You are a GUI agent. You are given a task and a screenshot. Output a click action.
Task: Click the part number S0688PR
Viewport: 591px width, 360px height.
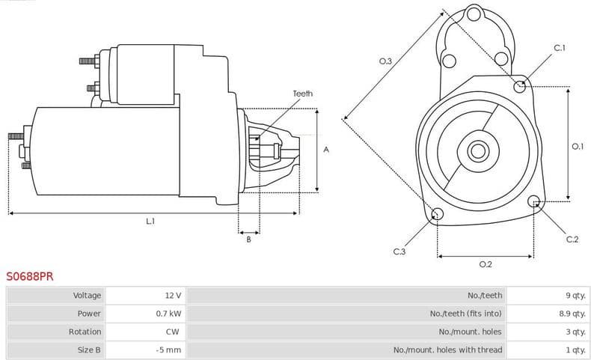tap(30, 276)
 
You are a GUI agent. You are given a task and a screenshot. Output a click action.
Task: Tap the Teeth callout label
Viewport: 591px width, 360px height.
tap(302, 94)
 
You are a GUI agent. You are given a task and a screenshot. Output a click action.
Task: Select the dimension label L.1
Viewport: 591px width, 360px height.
tap(150, 222)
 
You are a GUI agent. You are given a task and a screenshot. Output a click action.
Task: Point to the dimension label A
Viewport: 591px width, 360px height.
tap(326, 150)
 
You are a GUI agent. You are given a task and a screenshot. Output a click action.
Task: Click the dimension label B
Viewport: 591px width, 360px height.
tap(248, 240)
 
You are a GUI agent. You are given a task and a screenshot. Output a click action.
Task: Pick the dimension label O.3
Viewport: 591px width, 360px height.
tap(386, 61)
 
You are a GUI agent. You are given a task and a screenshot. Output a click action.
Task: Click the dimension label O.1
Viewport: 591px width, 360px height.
tap(577, 147)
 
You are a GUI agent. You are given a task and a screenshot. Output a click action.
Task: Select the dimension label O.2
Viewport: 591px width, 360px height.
tap(485, 264)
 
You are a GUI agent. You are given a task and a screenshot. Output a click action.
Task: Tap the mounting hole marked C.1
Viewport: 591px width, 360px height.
tap(520, 86)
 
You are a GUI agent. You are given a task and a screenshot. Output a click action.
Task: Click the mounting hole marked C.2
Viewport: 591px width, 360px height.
tap(534, 201)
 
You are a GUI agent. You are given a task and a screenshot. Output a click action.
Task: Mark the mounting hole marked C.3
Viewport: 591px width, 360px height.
tap(437, 216)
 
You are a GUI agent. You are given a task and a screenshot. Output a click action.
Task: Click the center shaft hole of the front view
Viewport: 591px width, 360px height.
tap(477, 150)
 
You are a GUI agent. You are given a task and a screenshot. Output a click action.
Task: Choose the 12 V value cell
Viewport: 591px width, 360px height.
tap(173, 296)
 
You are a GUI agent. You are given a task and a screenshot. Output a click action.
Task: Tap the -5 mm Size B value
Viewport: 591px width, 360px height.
tap(168, 350)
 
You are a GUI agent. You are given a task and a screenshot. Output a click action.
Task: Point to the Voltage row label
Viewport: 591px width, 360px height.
tap(87, 296)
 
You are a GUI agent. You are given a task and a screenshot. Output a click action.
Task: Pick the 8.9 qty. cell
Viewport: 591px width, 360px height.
tap(572, 314)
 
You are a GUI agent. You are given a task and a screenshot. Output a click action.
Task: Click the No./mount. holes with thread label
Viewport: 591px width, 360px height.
tap(447, 350)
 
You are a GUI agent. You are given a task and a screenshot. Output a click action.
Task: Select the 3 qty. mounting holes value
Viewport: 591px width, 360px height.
tap(575, 332)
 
